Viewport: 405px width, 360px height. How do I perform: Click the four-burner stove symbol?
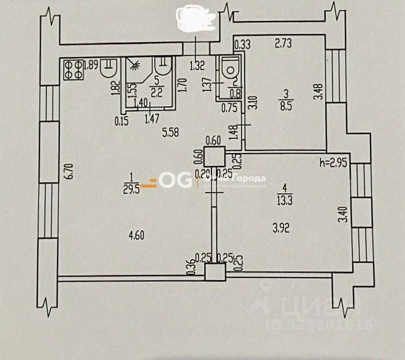tap(73, 69)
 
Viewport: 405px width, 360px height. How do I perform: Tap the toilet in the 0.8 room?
tap(231, 68)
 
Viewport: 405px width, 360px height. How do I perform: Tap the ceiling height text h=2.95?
tap(334, 163)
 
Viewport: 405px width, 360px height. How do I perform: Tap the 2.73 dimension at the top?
tap(283, 42)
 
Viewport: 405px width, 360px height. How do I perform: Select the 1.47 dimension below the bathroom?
tap(151, 119)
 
